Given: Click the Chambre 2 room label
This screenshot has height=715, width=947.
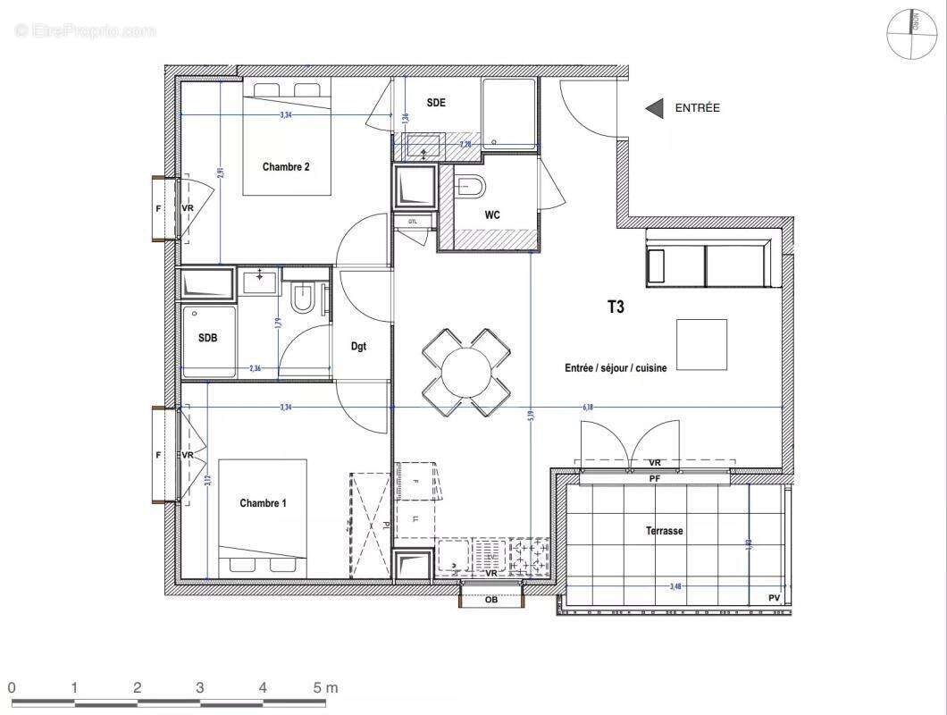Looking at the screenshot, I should coord(286,166).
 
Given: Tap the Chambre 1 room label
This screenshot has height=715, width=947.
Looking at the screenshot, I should coord(263,503).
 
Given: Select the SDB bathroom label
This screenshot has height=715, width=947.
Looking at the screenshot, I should coord(207,338).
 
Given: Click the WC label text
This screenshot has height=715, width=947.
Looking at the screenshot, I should coord(492,215).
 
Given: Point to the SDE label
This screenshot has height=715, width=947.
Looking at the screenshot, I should coord(436,103).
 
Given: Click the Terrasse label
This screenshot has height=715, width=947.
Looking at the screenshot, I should coord(665,531).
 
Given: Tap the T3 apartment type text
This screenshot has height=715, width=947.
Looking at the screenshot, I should coord(616,307).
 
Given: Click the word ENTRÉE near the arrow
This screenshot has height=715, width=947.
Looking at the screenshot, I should coord(697,108).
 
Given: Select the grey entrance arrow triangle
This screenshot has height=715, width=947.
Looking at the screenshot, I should coord(655,108).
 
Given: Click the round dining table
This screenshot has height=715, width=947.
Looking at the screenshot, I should coord(466,371).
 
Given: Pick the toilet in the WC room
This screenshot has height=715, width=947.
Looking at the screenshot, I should coord(468,187).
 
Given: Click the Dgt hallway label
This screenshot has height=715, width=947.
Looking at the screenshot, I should coord(358,346).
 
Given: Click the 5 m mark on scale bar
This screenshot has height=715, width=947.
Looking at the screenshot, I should coord(324,688).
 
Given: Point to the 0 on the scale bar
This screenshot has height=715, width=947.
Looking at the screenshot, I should coord(12,688).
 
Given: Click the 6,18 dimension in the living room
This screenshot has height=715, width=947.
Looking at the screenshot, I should coord(588,407).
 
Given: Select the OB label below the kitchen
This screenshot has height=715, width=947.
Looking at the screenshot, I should coord(490,600).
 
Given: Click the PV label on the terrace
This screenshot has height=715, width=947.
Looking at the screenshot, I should coord(774,598).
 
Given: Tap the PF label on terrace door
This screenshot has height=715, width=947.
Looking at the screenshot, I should coord(655,479).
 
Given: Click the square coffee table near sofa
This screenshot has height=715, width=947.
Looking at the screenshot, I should coord(701,345).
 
